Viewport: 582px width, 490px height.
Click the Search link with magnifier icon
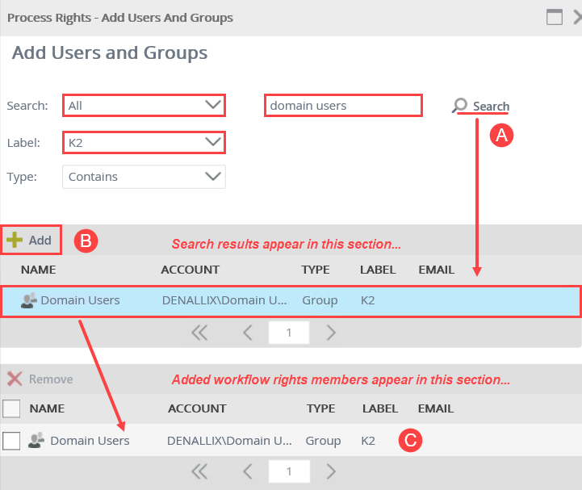coord(482,106)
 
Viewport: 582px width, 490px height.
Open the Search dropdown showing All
coord(144,105)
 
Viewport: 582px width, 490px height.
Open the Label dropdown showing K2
coord(144,143)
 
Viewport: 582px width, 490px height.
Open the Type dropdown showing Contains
coord(144,177)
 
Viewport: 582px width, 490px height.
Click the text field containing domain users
coord(343,105)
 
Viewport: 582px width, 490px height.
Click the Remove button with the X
coord(40,379)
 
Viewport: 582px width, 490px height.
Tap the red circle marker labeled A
coord(501,136)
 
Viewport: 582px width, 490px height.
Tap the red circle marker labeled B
coord(86,241)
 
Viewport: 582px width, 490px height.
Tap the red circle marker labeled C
coord(410,441)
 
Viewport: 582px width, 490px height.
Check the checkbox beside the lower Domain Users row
coord(11,441)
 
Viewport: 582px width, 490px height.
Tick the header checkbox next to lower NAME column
coord(11,408)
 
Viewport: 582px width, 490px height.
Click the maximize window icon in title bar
coord(554,17)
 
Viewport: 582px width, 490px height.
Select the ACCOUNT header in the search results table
coord(190,269)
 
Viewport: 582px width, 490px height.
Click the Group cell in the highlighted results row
coord(319,300)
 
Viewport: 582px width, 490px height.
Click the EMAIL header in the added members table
coord(435,408)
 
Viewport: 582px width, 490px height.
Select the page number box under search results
coord(288,332)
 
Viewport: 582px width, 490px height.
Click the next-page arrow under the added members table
coord(331,471)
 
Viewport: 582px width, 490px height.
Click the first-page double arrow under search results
coord(199,332)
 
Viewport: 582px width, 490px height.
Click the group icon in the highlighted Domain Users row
coord(29,300)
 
